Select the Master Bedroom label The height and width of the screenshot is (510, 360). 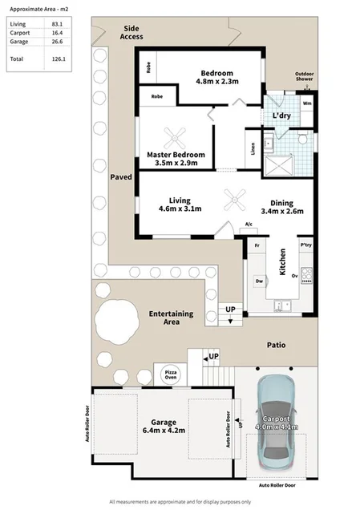click(x=176, y=158)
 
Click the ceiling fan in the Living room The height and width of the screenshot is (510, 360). click(x=235, y=197)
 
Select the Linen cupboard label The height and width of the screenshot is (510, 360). click(x=253, y=148)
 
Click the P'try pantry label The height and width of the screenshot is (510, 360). click(x=305, y=244)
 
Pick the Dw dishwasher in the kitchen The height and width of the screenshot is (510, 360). click(x=260, y=281)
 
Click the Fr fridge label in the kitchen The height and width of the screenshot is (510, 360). click(x=257, y=244)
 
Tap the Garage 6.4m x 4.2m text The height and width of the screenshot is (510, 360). click(x=164, y=425)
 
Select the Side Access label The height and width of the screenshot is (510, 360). click(x=132, y=33)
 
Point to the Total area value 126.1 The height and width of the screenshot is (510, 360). click(x=56, y=59)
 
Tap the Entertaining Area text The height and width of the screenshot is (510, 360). click(x=172, y=318)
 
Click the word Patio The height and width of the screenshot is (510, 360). click(x=277, y=346)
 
